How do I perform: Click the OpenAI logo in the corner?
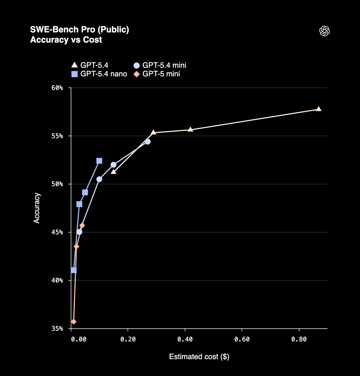324,31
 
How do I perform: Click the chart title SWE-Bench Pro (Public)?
80,29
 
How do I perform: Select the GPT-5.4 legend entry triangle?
74,65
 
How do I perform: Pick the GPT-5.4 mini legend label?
164,65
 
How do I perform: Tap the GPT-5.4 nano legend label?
104,74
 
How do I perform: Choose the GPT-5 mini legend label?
161,74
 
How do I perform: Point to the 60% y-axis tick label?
57,88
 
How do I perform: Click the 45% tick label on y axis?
57,232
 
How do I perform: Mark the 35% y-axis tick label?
57,329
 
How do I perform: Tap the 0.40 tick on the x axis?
185,339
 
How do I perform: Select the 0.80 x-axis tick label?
299,339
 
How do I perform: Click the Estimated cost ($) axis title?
199,357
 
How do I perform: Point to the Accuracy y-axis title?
37,208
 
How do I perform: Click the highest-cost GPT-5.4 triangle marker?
318,109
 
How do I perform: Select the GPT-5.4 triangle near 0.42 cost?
190,130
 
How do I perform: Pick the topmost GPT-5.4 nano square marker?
99,161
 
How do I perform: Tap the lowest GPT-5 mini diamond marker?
74,322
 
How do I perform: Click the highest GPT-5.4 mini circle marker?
148,142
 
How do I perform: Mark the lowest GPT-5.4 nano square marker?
74,270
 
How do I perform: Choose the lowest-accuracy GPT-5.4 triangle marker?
114,171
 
